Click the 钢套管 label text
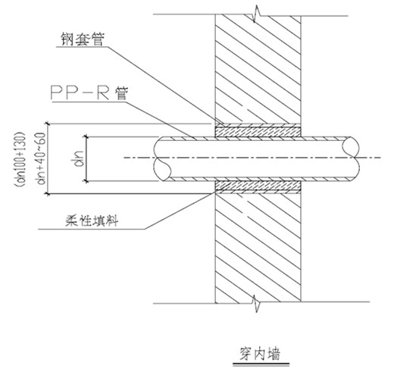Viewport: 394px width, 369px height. [x=83, y=39]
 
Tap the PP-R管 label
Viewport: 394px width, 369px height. [x=89, y=93]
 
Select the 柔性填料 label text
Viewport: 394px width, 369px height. [x=92, y=220]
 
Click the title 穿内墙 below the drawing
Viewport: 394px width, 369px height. [x=260, y=354]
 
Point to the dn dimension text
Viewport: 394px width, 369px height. [x=79, y=159]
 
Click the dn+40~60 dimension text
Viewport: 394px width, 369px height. [x=41, y=158]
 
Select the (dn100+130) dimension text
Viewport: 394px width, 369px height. [x=20, y=159]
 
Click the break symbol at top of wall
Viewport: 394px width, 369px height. [x=257, y=14]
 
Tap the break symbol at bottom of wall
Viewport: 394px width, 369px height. [x=257, y=303]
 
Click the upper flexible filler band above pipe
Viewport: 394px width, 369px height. [x=258, y=131]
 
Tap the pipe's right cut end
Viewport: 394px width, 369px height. [x=351, y=159]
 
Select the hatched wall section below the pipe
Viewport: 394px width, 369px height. [x=258, y=248]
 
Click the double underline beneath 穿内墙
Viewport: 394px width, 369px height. [x=261, y=364]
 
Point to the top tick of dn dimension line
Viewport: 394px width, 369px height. [x=86, y=136]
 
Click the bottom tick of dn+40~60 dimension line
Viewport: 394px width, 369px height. [x=47, y=194]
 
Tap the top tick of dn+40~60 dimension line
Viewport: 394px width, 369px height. [x=47, y=124]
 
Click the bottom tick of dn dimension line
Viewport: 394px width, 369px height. [x=86, y=181]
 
